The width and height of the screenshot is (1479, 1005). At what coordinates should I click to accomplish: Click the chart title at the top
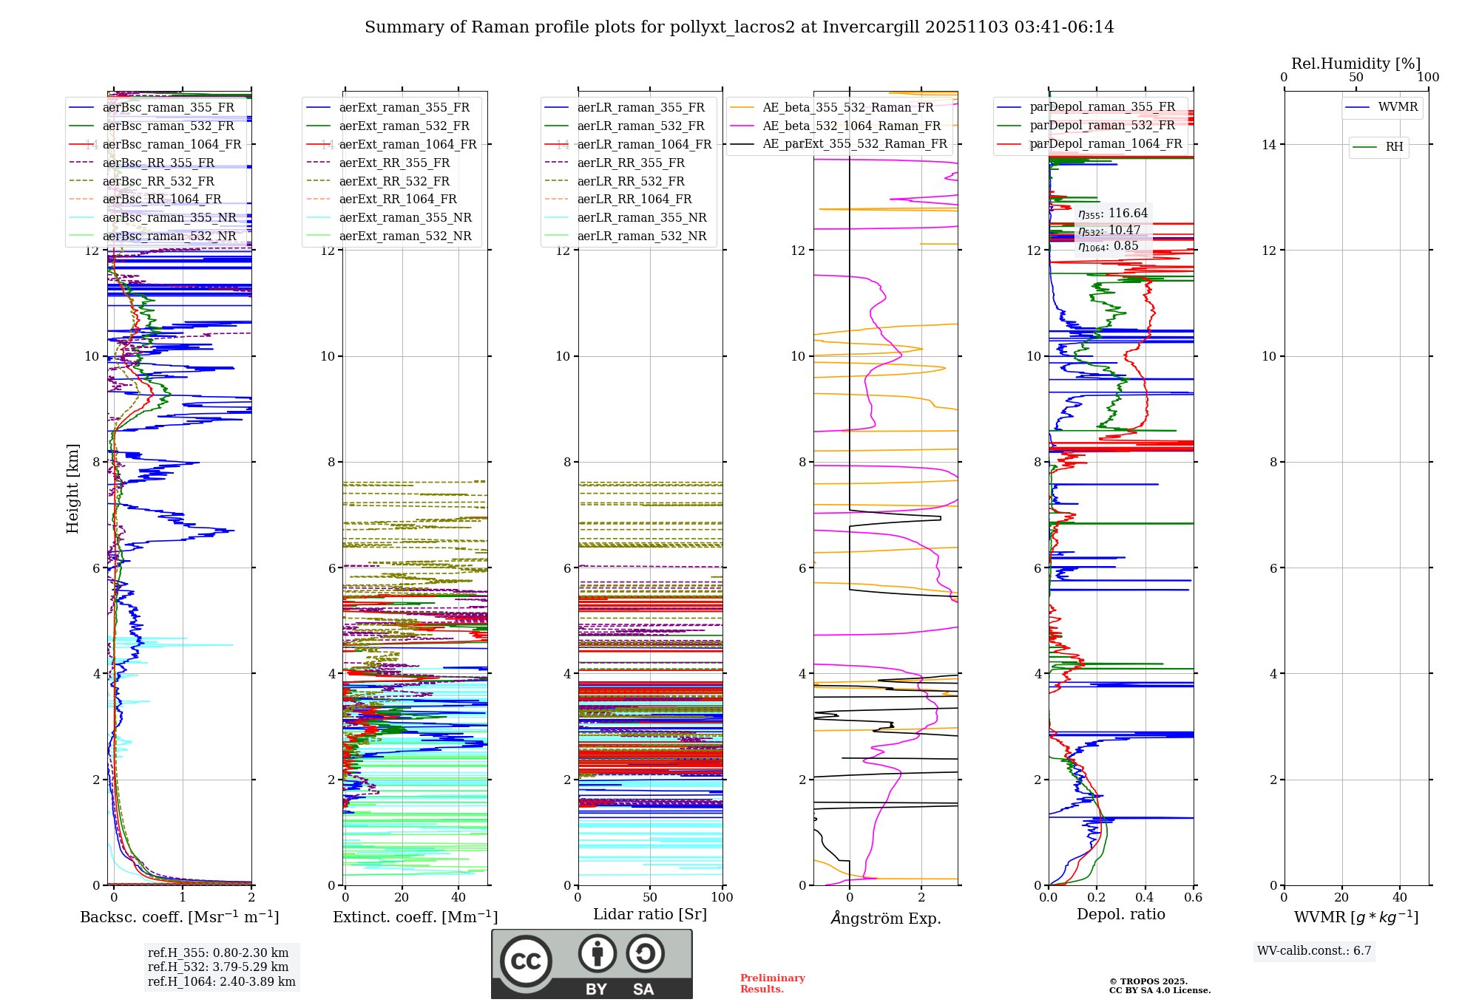pos(739,27)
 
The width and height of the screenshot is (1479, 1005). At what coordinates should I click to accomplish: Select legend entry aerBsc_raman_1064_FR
pos(172,144)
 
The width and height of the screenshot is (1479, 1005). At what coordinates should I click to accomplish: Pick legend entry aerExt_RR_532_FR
pos(394,181)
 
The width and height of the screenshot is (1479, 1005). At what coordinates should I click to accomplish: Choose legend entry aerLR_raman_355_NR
pos(641,217)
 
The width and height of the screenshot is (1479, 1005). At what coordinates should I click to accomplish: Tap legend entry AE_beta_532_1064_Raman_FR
pos(851,126)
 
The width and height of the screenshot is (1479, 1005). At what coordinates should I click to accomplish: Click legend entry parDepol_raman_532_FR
pos(1102,125)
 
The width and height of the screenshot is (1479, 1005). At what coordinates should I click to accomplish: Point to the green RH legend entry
pos(1394,147)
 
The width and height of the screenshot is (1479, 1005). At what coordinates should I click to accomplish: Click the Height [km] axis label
pos(72,488)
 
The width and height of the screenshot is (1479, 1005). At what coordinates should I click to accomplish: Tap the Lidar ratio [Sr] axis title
pos(650,914)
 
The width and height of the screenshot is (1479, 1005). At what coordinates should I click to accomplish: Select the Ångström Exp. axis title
pos(886,918)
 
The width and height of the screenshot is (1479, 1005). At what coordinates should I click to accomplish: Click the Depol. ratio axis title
pos(1120,914)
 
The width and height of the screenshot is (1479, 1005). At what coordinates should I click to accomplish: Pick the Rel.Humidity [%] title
pos(1356,64)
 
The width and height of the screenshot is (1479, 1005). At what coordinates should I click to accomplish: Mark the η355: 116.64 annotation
pos(1112,214)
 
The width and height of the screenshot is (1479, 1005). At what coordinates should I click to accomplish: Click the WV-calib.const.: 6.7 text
pos(1314,950)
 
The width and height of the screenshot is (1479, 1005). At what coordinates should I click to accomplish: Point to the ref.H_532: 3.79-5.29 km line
pos(218,967)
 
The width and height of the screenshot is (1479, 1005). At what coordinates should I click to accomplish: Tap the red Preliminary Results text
pos(772,983)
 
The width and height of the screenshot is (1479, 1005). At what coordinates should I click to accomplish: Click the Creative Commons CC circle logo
pos(526,961)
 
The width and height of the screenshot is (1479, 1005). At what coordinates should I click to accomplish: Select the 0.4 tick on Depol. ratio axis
pos(1145,897)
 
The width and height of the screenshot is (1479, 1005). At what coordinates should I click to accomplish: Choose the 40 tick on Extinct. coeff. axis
pos(458,897)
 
